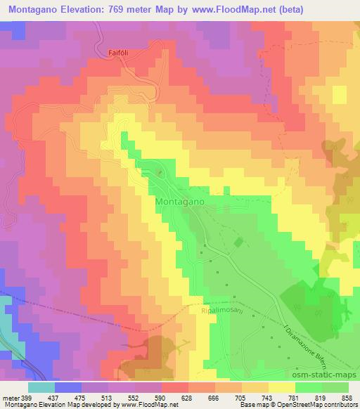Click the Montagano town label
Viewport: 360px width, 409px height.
coord(179,201)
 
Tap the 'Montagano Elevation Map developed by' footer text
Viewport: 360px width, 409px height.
coord(59,405)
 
